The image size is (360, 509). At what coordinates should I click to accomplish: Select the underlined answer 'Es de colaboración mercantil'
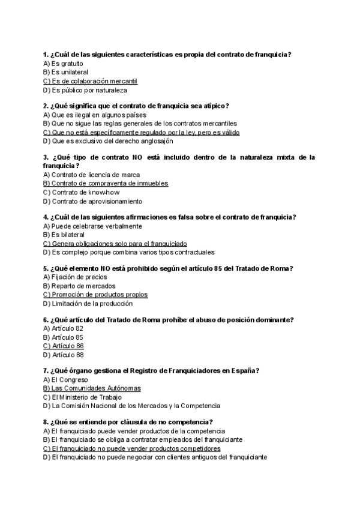(95, 81)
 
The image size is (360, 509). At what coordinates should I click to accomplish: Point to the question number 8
(46, 422)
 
